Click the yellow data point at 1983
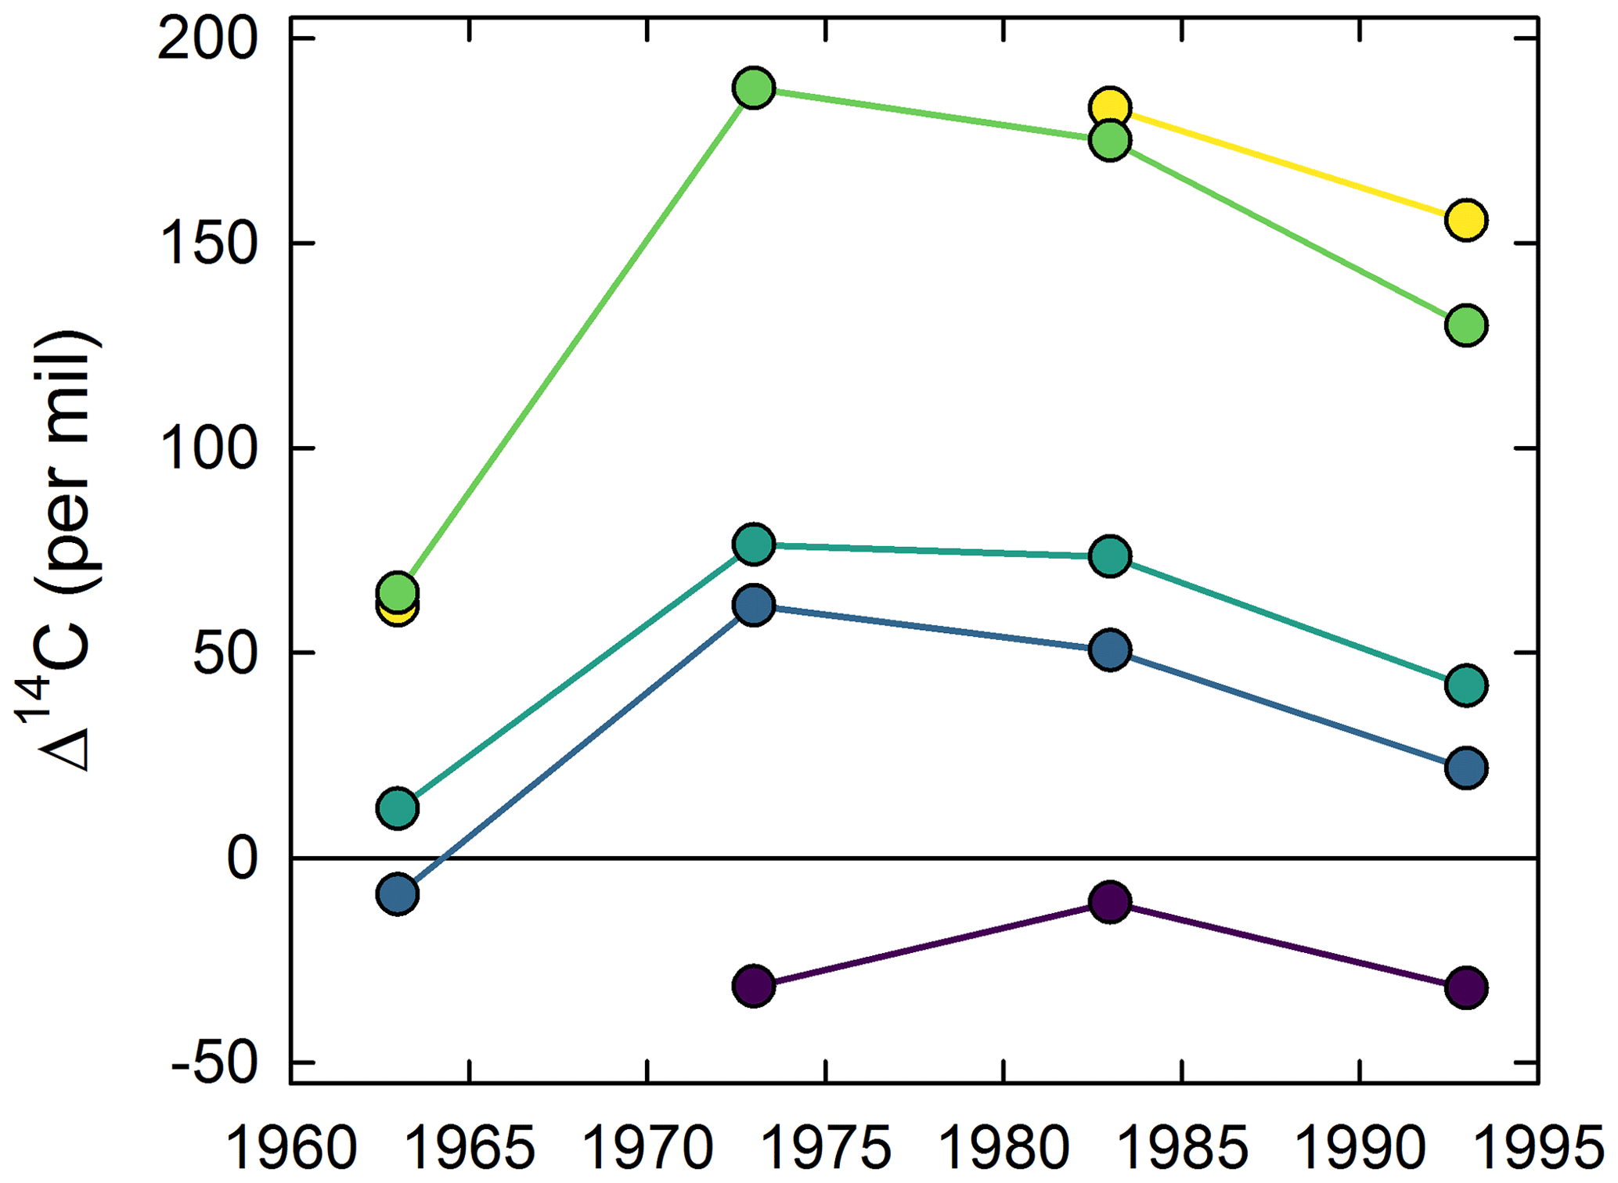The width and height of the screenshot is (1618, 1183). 1109,106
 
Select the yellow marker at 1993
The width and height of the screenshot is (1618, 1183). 1465,220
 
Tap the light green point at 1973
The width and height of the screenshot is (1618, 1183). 753,88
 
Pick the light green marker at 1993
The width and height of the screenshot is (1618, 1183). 1465,325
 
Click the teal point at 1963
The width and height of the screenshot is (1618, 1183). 397,807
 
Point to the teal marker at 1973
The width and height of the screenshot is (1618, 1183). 753,544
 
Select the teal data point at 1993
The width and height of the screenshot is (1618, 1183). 1465,685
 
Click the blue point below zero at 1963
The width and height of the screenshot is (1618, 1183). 397,894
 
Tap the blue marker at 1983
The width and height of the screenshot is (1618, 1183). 1109,649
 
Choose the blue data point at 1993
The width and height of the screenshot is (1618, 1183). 1465,768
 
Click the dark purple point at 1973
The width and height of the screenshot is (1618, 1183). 753,985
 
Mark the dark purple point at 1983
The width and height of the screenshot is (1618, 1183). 1109,901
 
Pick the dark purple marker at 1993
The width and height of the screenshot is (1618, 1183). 1465,987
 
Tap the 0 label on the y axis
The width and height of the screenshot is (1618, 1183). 242,858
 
